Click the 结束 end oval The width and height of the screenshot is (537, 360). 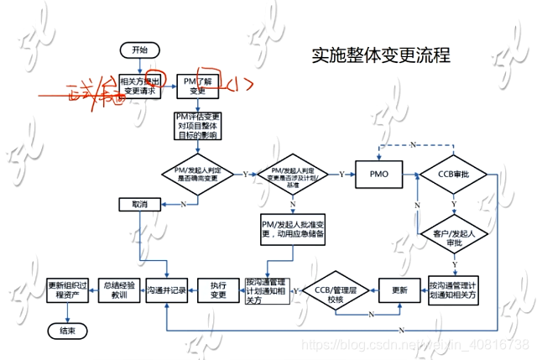coord(67,331)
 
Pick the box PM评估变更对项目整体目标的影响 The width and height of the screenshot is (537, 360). coord(197,124)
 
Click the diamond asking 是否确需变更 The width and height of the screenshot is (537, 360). coord(197,174)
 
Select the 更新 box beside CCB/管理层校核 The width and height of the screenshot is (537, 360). coord(399,290)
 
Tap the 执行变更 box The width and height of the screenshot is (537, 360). coord(218,290)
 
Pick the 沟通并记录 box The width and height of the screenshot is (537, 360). coord(165,290)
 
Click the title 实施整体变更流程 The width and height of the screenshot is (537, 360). coord(381,55)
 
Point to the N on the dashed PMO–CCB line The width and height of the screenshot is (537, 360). coord(413,144)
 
